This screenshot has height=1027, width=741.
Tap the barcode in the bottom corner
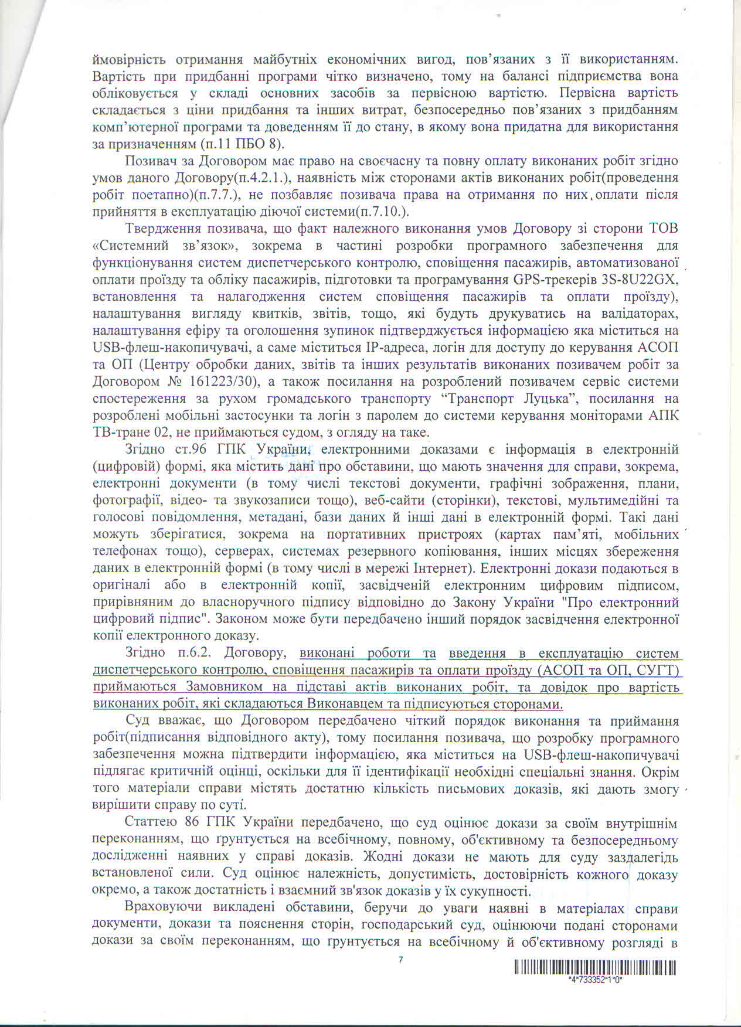(x=595, y=967)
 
